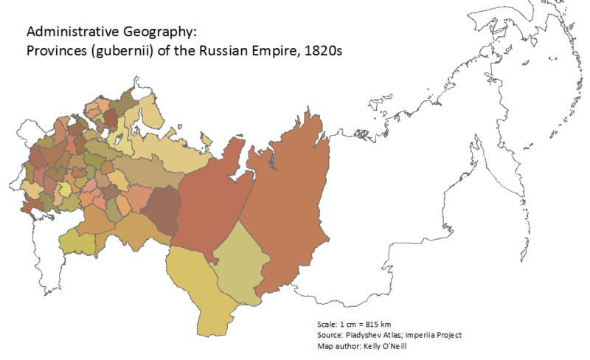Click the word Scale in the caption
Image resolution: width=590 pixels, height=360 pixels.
pos(325,324)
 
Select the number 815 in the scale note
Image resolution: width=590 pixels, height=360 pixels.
pos(372,324)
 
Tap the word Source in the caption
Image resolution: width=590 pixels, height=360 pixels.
pos(328,335)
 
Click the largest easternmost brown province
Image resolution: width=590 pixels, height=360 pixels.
pos(288,214)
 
